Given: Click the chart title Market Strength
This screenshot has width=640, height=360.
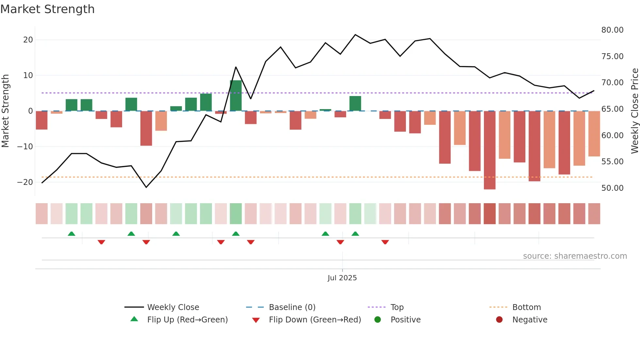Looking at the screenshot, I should click(x=47, y=9).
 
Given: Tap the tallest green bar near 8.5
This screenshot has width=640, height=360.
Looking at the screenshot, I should click(x=236, y=95).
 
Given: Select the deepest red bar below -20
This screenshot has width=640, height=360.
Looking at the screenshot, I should click(x=489, y=150).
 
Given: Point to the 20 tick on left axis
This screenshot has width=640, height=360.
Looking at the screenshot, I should click(x=28, y=40).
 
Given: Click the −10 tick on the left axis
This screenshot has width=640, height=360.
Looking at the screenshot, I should click(x=25, y=146).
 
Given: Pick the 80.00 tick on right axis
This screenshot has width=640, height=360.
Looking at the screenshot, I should click(x=612, y=30).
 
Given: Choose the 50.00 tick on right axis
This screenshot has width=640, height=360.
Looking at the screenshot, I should click(x=612, y=188).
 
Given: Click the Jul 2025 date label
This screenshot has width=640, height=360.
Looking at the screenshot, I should click(x=342, y=278).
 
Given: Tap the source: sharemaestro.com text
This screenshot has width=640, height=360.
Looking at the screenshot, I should click(x=575, y=256).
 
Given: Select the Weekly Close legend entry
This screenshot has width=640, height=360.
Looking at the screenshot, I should click(x=173, y=307).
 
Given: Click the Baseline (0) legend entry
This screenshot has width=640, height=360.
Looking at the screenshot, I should click(x=292, y=307).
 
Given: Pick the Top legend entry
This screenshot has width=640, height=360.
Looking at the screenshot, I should click(x=397, y=307).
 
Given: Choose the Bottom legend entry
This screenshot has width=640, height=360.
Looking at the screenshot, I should click(x=526, y=307).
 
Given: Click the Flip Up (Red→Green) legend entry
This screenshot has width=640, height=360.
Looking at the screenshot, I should click(x=187, y=320).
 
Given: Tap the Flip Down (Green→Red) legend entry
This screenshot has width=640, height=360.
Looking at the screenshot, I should click(x=315, y=320).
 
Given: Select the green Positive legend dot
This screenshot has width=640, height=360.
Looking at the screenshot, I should click(x=378, y=320).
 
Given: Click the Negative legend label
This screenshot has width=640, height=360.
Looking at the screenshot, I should click(x=530, y=320).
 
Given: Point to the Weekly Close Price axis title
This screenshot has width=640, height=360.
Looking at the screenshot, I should click(x=634, y=111).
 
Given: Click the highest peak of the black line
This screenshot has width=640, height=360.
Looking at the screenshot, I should click(x=355, y=35).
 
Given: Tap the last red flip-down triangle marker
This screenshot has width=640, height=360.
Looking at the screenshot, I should click(x=385, y=242).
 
